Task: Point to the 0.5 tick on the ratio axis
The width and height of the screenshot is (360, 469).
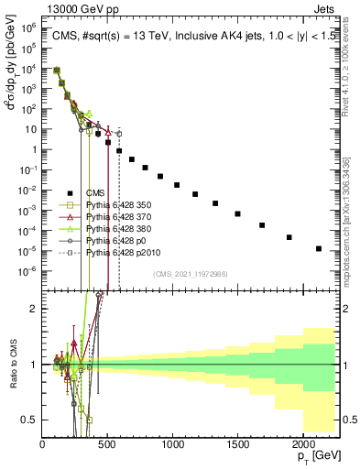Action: [x=32, y=420]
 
